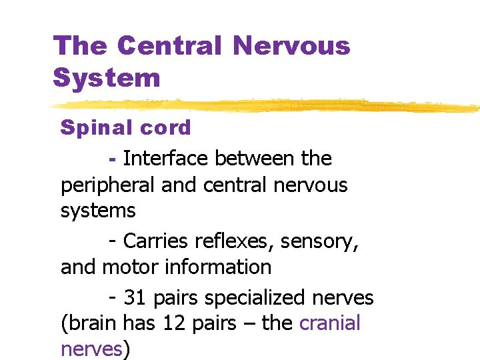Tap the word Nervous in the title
(x=292, y=46)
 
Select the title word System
(x=107, y=77)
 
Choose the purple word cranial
(x=330, y=323)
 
